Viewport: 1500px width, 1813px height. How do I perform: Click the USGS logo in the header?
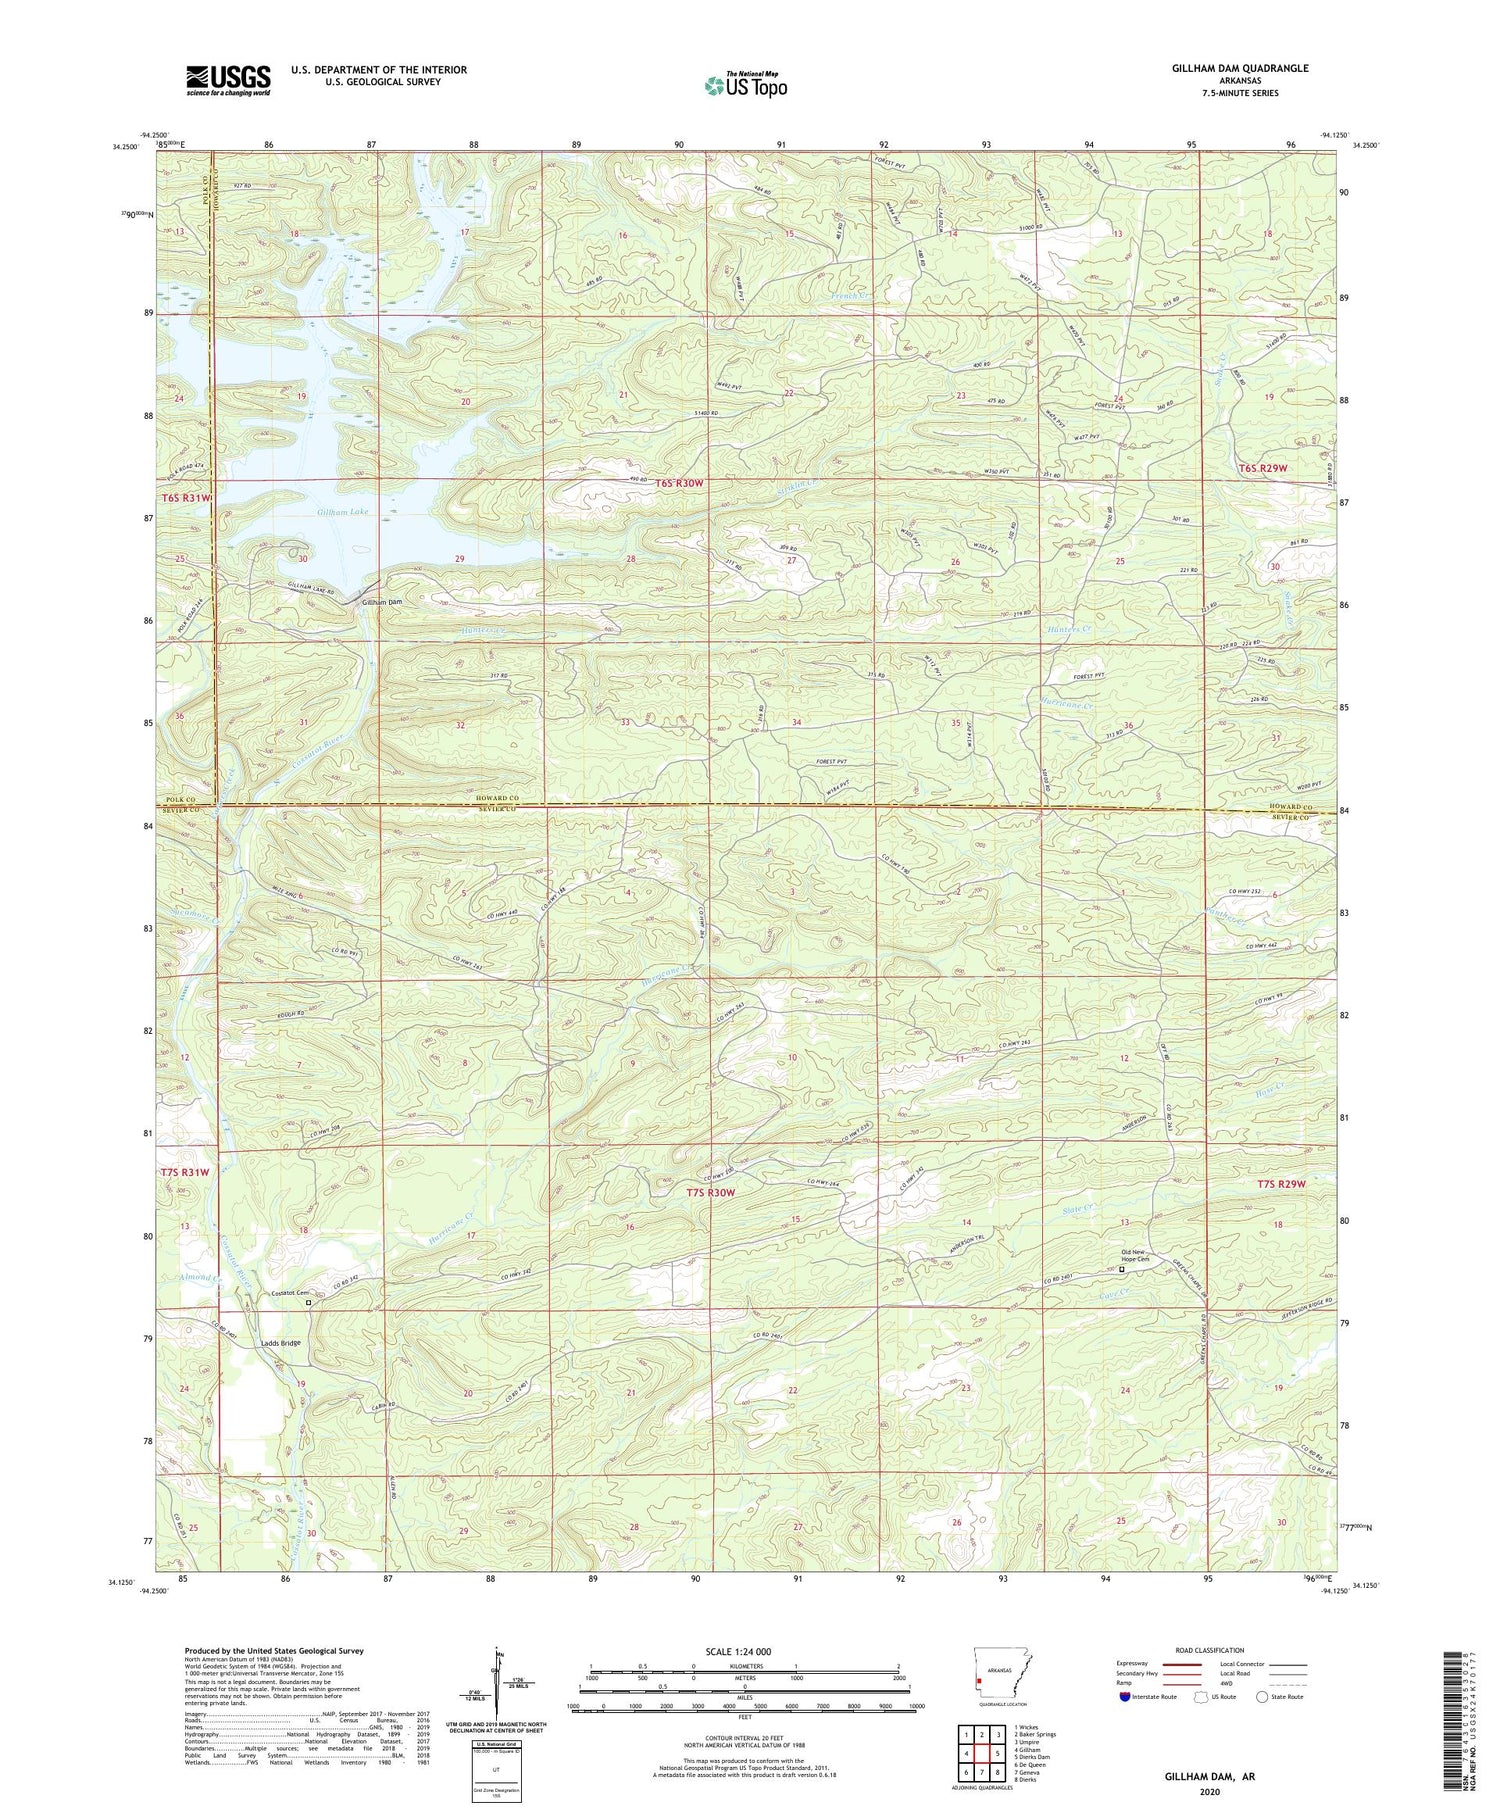[x=228, y=80]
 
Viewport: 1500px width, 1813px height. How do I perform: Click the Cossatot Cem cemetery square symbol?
[x=309, y=1303]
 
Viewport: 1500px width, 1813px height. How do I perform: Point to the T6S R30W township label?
[x=680, y=483]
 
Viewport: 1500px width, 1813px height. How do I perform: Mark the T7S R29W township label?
[x=1282, y=1185]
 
